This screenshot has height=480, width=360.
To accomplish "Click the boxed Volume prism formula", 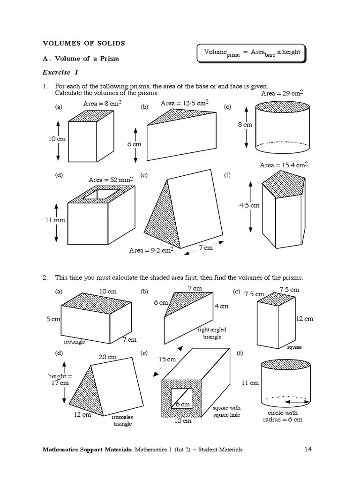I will click(252, 52).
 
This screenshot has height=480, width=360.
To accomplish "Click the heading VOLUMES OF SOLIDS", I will click(84, 43).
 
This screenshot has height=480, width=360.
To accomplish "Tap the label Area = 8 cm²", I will click(103, 104).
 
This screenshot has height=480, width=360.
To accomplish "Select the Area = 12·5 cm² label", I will click(185, 103).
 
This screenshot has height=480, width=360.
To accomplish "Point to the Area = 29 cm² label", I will click(282, 93).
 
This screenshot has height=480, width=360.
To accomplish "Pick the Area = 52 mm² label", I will click(111, 180).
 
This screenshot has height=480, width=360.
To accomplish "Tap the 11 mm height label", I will click(56, 220).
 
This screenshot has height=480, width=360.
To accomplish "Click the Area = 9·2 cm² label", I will click(151, 250).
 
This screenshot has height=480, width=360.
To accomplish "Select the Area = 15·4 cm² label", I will click(284, 165).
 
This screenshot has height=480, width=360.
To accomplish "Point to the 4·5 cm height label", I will click(249, 205).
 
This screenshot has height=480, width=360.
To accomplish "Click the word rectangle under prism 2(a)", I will click(75, 342).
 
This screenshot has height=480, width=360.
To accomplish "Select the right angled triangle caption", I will click(212, 333).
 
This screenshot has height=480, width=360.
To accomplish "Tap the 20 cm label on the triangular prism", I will click(107, 357).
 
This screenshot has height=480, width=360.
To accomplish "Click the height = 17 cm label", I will click(60, 379).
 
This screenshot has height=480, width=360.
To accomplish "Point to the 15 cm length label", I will click(167, 360).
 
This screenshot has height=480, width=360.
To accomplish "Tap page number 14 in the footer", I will click(308, 450).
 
